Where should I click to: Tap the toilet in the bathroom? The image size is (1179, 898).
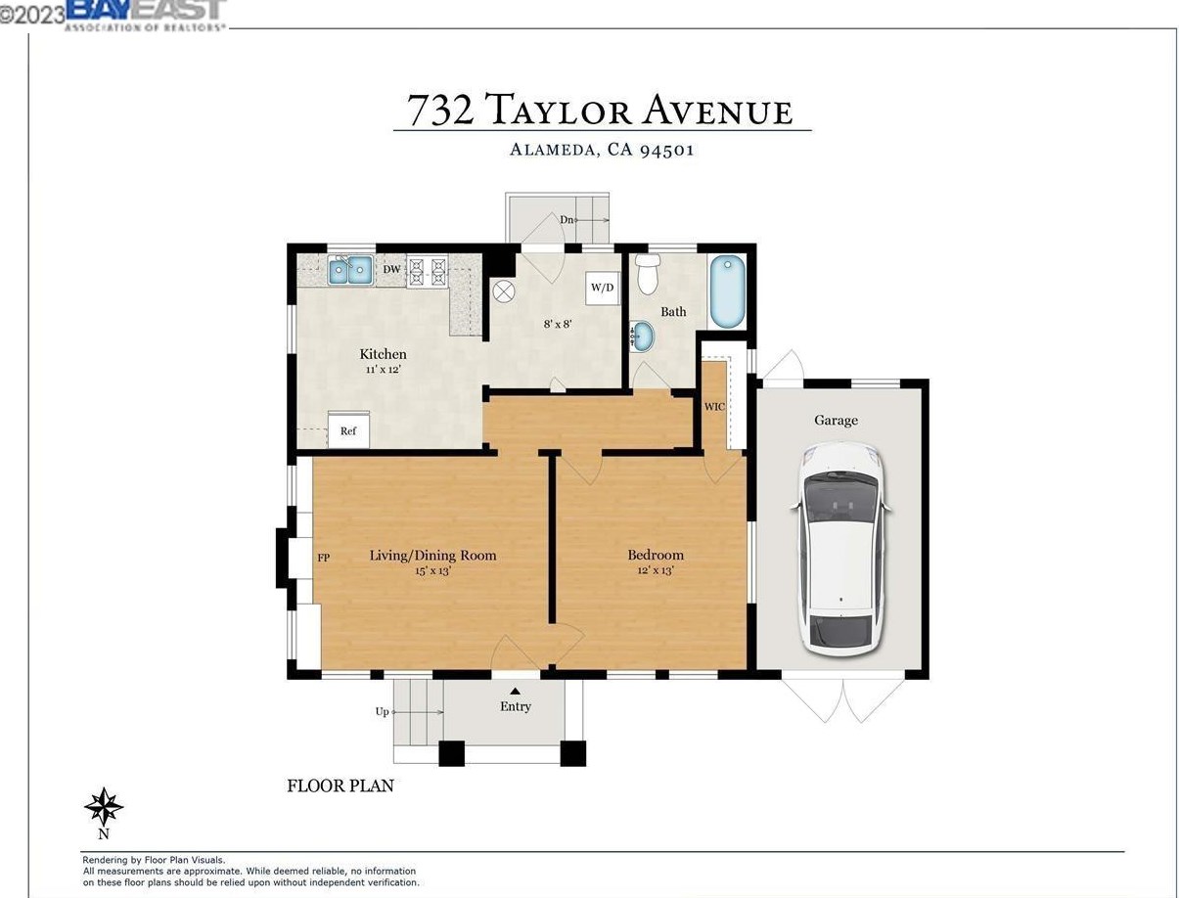648,274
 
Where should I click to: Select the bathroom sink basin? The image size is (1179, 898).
642,336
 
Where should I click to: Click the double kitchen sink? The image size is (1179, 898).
349,269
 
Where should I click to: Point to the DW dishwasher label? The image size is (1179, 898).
391,269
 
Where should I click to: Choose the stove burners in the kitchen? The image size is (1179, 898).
427,270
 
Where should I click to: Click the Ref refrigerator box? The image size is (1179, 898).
348,430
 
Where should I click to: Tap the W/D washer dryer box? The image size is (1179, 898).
602,288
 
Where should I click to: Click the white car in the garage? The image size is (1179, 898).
840,549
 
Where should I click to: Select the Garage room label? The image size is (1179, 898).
836,421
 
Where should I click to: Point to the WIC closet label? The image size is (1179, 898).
714,407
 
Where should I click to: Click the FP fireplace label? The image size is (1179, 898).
323,558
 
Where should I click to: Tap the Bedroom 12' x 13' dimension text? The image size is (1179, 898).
656,570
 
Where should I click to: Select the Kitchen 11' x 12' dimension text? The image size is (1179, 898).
384,370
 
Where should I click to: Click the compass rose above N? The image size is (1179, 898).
104,807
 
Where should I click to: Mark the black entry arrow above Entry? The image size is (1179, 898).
515,691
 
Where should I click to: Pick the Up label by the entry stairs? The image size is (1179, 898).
382,712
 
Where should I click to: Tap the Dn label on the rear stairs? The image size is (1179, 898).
567,219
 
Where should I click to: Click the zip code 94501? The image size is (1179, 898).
666,150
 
